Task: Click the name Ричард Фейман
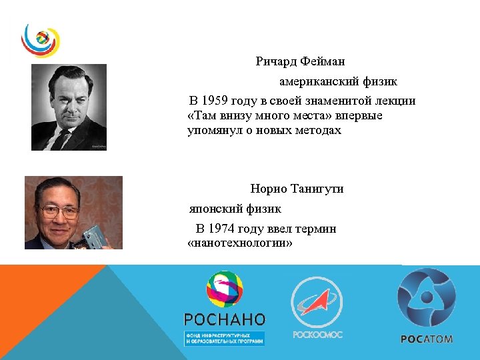[x=300, y=62]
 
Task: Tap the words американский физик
[x=338, y=82]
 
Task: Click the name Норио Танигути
[x=297, y=189]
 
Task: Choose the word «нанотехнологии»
[x=241, y=243]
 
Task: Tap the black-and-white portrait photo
[x=69, y=107]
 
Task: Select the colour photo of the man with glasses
[x=73, y=213]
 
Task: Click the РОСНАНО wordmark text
[x=224, y=319]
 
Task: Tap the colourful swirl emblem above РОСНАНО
[x=225, y=290]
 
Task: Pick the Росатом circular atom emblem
[x=427, y=297]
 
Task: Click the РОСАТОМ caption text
[x=427, y=339]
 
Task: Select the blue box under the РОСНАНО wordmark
[x=224, y=338]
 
